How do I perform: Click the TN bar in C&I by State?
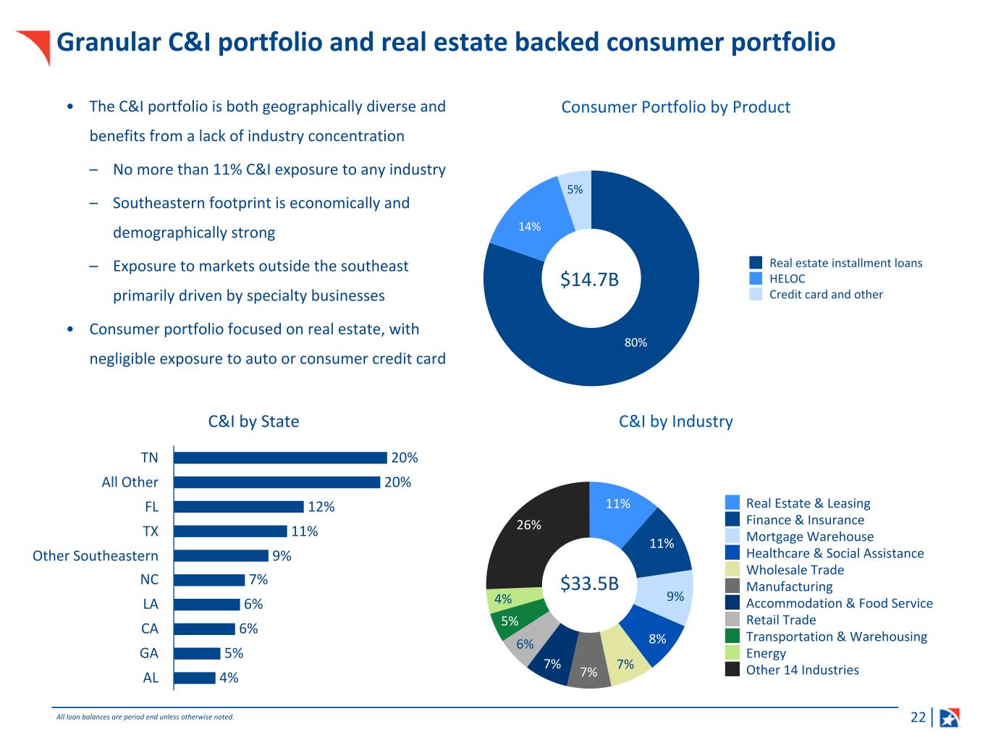coord(280,458)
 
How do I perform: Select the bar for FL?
coord(238,507)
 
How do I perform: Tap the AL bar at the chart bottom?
coord(195,678)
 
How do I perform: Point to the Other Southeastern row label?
coord(96,555)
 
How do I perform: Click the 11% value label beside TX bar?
coord(304,531)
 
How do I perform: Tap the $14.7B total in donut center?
coord(590,279)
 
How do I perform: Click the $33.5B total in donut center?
coord(590,583)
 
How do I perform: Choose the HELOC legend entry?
coord(787,279)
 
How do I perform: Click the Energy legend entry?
coord(766,653)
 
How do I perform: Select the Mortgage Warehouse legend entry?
coord(809,537)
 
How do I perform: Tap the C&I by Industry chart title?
coord(676,421)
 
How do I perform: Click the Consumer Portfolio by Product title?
coord(675,107)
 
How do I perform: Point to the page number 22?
coord(918,718)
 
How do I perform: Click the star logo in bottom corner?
coord(949,718)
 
